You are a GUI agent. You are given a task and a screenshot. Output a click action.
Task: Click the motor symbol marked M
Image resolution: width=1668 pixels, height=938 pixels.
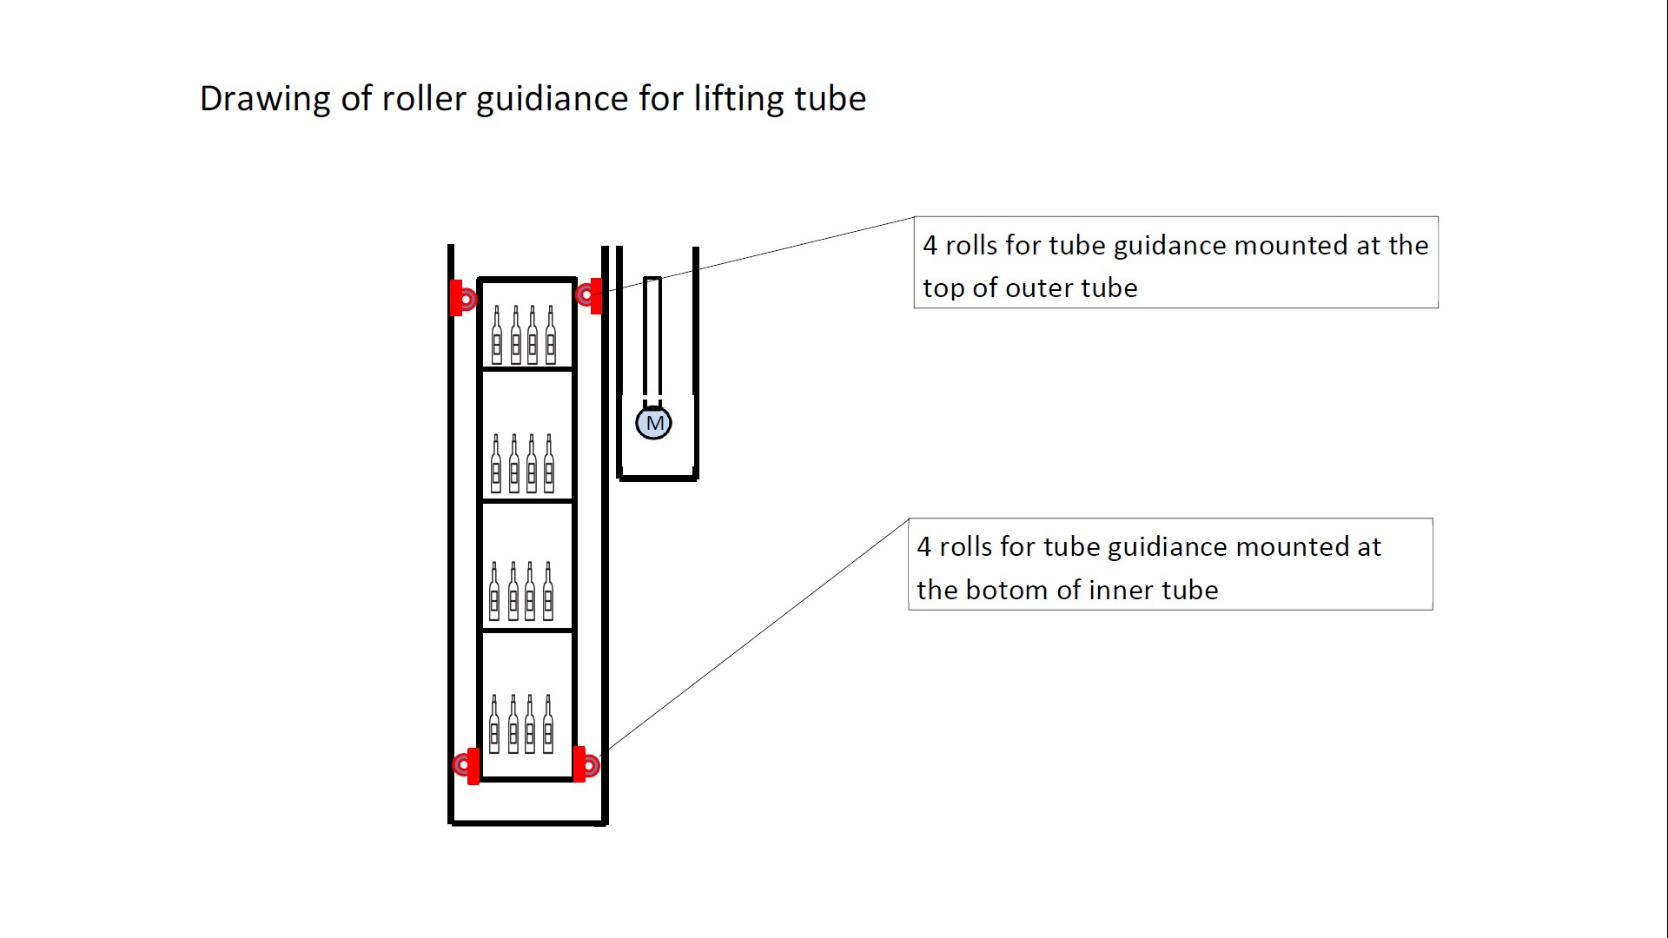(653, 423)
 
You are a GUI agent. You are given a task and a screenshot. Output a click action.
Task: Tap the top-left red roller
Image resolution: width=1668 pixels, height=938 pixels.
(464, 299)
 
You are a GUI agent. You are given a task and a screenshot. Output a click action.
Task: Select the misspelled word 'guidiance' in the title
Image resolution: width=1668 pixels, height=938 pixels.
(552, 99)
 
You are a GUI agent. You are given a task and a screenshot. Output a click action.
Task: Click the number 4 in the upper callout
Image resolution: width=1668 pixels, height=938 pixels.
(930, 246)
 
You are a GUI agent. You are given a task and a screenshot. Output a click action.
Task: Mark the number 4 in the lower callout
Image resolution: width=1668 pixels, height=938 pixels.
(923, 547)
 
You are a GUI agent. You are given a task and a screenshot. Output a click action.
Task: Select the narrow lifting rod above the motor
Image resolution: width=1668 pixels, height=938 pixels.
(652, 339)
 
